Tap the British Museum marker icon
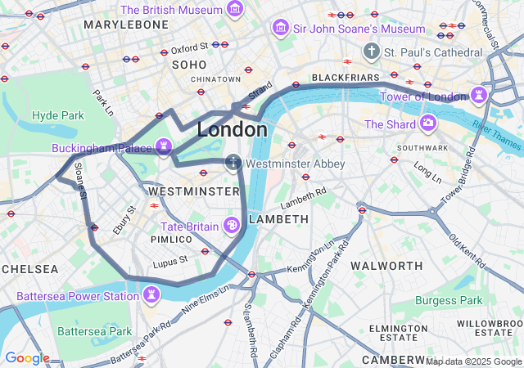coord(235,10)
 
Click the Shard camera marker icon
coord(427,124)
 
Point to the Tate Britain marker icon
coord(232,226)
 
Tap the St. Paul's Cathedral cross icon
coord(371,52)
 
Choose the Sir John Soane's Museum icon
coord(281,29)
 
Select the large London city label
coord(233,130)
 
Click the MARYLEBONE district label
coord(125,25)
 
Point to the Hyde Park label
coord(58,115)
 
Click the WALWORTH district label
coord(386,266)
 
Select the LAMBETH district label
coord(278,219)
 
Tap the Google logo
coord(27,358)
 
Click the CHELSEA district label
coord(29,268)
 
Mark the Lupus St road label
coord(171,260)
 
